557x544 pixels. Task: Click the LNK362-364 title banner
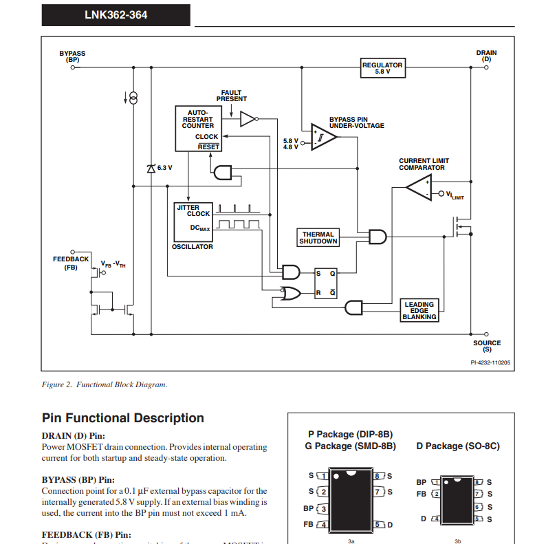(x=116, y=14)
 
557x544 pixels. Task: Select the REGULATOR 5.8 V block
(x=382, y=68)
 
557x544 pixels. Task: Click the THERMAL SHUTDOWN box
(x=318, y=237)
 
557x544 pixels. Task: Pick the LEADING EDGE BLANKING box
(x=419, y=310)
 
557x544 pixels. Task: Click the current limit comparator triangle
(x=419, y=187)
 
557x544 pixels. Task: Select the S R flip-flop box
(x=325, y=282)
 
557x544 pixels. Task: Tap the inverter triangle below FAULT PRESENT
(x=248, y=120)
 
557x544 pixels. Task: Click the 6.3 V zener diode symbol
(x=151, y=168)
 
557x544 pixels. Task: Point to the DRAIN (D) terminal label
(x=486, y=56)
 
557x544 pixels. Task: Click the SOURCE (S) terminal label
(x=487, y=346)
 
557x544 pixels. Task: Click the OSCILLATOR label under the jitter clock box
(x=193, y=246)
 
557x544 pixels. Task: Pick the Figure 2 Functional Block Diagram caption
(x=105, y=384)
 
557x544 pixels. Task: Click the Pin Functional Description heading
(x=123, y=418)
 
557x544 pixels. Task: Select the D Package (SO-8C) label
(x=458, y=446)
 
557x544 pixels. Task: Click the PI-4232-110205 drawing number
(x=490, y=362)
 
